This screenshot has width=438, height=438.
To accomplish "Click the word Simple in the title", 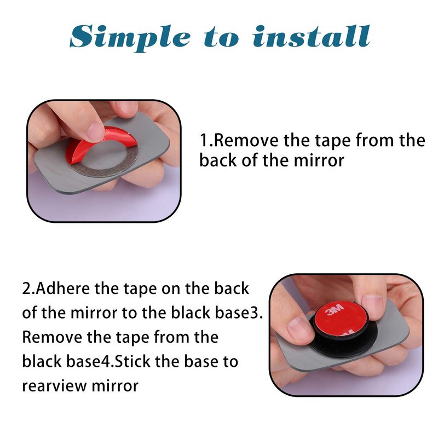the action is pyautogui.click(x=130, y=37).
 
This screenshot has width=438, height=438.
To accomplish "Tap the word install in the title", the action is pyautogui.click(x=312, y=36).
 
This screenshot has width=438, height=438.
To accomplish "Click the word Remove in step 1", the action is pyautogui.click(x=246, y=140).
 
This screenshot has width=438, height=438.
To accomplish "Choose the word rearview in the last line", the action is pyautogui.click(x=55, y=386).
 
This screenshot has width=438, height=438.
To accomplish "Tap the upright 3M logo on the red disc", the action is pyautogui.click(x=335, y=309).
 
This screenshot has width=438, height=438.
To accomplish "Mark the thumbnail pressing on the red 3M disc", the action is pyautogui.click(x=372, y=306).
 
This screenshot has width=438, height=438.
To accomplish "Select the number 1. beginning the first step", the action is pyautogui.click(x=206, y=140).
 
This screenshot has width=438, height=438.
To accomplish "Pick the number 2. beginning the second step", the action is pyautogui.click(x=28, y=289).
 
